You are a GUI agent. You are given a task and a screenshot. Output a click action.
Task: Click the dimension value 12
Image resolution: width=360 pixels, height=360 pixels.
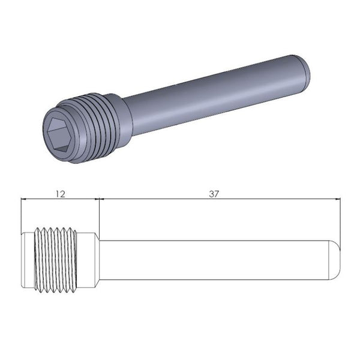pos(59,193)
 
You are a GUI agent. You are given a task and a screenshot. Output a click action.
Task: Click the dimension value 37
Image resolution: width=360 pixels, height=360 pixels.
pos(214,193)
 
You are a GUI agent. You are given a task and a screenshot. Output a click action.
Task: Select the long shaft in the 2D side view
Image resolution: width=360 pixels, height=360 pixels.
pos(210,259)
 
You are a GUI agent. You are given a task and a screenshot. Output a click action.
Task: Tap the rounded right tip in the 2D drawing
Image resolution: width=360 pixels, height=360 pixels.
pos(335,259)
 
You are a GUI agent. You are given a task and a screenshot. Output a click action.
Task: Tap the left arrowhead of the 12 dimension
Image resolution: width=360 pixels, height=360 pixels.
pos(25,199)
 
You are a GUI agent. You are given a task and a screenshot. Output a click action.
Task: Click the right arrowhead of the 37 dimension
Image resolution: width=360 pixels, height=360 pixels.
pos(337,199)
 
